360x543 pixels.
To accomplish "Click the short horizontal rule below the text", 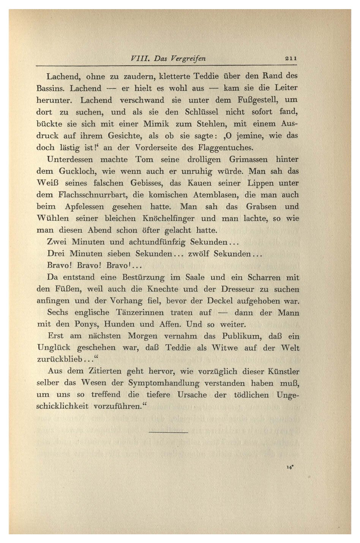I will coord(169,432).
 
